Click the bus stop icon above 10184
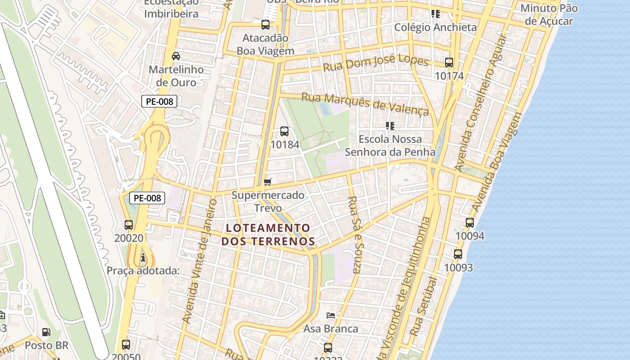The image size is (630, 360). [284, 131]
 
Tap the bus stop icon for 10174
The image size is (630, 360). [449, 63]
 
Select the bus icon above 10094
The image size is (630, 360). [470, 222]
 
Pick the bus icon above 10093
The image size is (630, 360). [458, 254]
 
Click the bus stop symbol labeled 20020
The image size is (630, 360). [129, 225]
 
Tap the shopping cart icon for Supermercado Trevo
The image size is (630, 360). [268, 182]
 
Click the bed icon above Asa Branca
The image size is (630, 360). [331, 315]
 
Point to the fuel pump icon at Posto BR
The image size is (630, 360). [46, 332]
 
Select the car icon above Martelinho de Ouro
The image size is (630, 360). [176, 56]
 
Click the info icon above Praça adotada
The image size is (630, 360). [143, 257]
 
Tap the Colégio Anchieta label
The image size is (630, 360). [435, 27]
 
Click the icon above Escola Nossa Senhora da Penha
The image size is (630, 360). [390, 126]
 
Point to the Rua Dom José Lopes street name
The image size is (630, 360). [376, 63]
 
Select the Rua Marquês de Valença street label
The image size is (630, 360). [365, 104]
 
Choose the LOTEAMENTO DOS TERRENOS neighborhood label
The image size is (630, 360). [268, 234]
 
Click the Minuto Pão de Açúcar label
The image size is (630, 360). [549, 14]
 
